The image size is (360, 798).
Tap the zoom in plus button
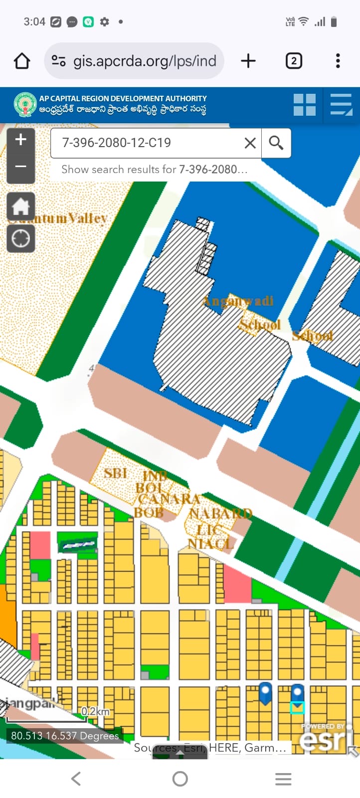[x=20, y=140]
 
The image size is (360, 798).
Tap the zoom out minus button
[x=20, y=166]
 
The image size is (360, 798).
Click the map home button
[x=20, y=206]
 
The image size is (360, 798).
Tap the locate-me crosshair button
[x=20, y=238]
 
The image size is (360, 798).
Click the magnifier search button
[x=276, y=143]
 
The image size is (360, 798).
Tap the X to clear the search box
[x=250, y=143]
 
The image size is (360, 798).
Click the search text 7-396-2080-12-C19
[x=117, y=143]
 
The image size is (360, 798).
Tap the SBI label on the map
[x=115, y=472]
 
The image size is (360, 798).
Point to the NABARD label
[x=220, y=513]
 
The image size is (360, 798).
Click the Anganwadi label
[x=238, y=301]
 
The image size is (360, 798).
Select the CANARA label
[x=169, y=499]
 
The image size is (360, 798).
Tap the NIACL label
[x=210, y=544]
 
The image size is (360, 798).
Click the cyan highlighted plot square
[x=297, y=707]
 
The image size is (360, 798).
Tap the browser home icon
[x=22, y=61]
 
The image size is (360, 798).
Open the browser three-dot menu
[x=338, y=61]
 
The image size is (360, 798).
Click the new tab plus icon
[x=248, y=61]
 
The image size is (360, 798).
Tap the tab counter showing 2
[x=294, y=61]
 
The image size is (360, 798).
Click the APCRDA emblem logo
[x=25, y=105]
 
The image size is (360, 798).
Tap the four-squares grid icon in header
[x=304, y=105]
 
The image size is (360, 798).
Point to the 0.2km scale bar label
[x=96, y=711]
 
